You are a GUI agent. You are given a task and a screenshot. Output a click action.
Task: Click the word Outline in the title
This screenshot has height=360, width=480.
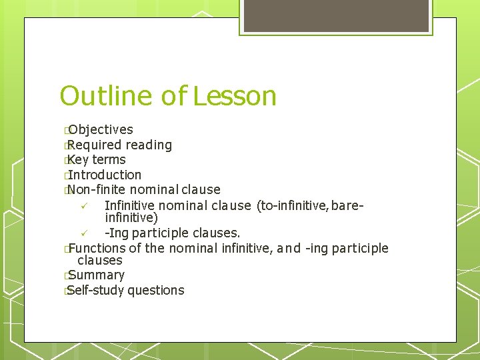point(107,96)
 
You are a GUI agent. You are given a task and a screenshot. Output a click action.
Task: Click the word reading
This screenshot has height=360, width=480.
point(149,145)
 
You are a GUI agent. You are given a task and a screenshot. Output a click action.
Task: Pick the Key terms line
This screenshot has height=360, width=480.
point(97,160)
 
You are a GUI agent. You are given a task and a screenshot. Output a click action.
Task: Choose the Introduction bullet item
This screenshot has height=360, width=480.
point(104,175)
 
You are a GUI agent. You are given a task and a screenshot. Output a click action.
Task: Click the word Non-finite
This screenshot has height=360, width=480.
point(98,190)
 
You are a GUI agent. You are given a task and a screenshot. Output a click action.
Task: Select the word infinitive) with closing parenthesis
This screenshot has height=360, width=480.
point(131,217)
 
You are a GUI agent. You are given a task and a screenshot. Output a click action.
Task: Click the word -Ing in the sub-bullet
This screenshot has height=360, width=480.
point(117,233)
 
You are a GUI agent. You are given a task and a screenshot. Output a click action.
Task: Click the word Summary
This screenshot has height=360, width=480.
point(96,275)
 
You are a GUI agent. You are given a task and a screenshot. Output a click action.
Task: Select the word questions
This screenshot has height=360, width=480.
point(156,290)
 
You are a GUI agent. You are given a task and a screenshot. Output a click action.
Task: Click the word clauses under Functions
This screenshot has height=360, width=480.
point(100,261)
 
